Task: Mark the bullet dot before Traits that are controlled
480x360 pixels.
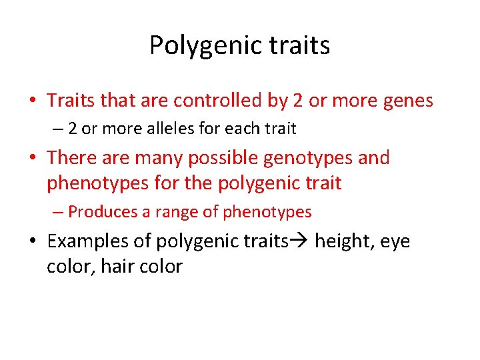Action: click(32, 101)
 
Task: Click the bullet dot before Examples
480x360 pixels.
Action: click(32, 241)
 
